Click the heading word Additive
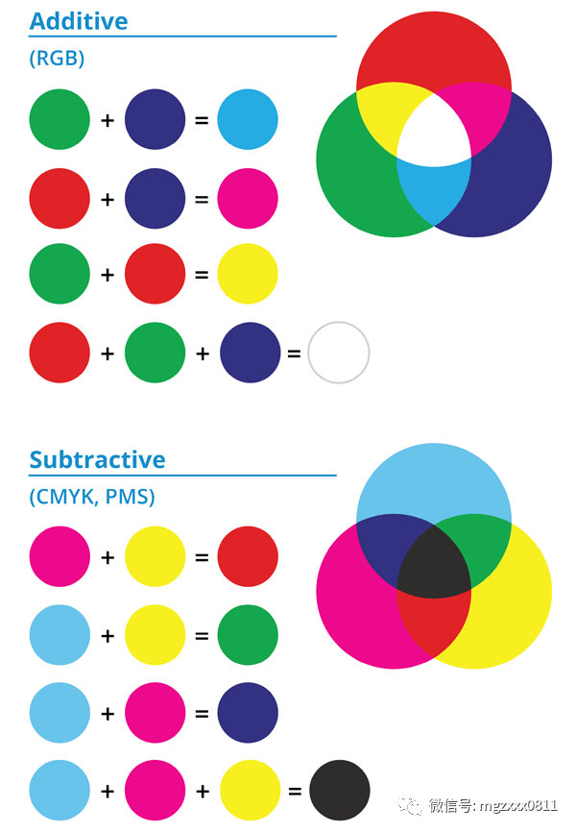click(79, 21)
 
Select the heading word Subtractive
click(98, 459)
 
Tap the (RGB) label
click(57, 58)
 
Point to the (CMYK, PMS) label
click(92, 497)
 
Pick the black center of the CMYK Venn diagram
click(434, 565)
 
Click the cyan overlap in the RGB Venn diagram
click(434, 191)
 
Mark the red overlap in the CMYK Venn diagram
click(434, 624)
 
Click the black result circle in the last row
click(340, 790)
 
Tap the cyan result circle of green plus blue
click(248, 119)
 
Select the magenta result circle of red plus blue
click(248, 199)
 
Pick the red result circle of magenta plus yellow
click(248, 556)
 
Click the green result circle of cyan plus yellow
click(248, 635)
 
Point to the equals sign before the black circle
click(295, 791)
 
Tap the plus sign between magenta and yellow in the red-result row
click(108, 557)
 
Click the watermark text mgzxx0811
click(518, 806)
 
